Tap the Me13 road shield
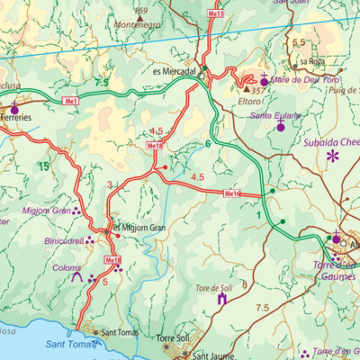click(214, 15)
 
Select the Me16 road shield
click(232, 193)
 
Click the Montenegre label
click(138, 26)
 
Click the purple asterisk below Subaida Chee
click(333, 157)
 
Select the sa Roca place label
click(311, 61)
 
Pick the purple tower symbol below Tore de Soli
click(221, 298)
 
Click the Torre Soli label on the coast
click(174, 338)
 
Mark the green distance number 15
click(42, 166)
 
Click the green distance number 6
click(207, 144)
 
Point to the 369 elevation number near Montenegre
click(139, 10)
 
